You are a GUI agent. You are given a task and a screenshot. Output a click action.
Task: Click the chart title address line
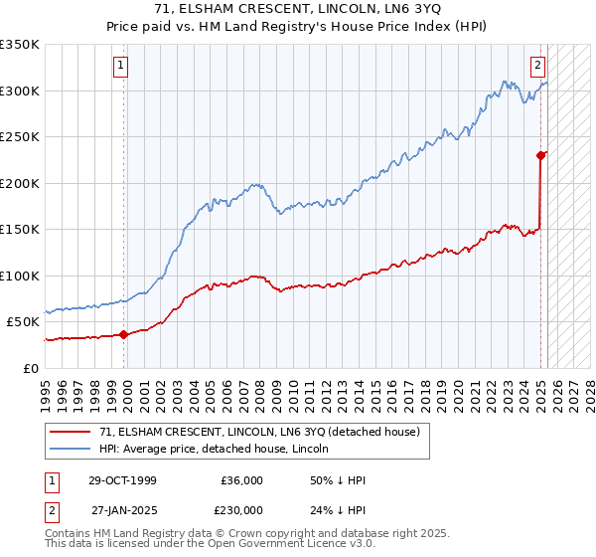tap(298, 8)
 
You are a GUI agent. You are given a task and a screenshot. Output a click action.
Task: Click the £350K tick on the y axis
tap(20, 45)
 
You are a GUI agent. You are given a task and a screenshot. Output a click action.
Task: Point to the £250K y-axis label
tap(20, 137)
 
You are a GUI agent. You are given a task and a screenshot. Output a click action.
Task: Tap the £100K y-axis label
tap(20, 276)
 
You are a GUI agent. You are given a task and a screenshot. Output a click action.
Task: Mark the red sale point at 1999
tap(124, 335)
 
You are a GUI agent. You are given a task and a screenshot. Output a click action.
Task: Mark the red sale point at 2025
tap(541, 155)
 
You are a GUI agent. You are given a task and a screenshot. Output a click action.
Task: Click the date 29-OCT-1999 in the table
tap(122, 480)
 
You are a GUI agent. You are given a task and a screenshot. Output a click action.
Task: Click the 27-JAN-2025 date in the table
tap(122, 509)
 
